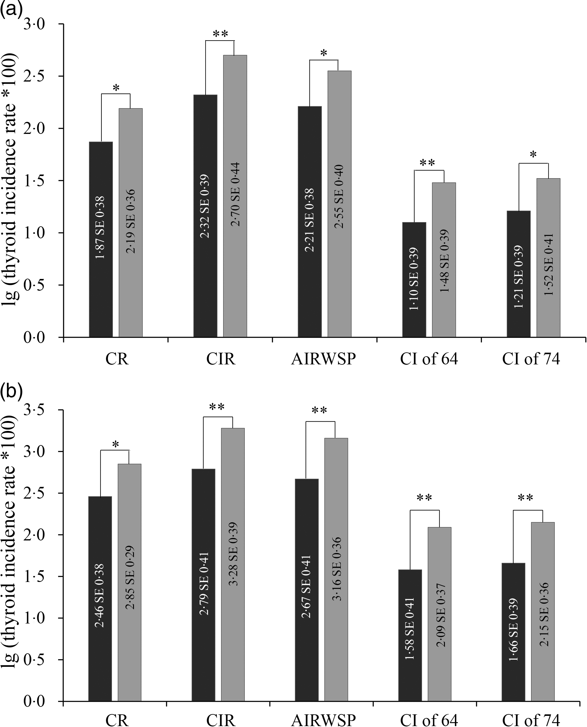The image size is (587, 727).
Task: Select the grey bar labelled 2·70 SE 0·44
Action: click(x=235, y=196)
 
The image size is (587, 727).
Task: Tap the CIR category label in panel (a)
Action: click(x=220, y=359)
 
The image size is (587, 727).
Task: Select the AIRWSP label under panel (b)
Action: click(x=323, y=719)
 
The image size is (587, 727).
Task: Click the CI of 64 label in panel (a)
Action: click(x=429, y=359)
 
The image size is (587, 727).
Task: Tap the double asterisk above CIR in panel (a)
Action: click(x=220, y=34)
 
